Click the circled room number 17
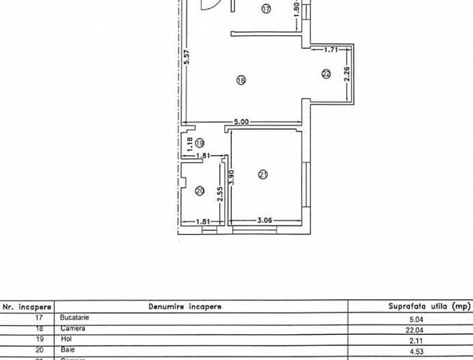[x=266, y=9]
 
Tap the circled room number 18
[x=240, y=80]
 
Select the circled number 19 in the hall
[x=200, y=143]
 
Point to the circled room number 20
[x=200, y=192]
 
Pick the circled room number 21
[x=263, y=175]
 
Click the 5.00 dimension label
[x=241, y=122]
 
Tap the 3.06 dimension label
[x=265, y=221]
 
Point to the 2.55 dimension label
[x=219, y=195]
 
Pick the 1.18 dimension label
[x=189, y=143]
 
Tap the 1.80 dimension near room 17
[x=295, y=8]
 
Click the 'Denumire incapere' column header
[x=185, y=307]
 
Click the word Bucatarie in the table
[x=75, y=318]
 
